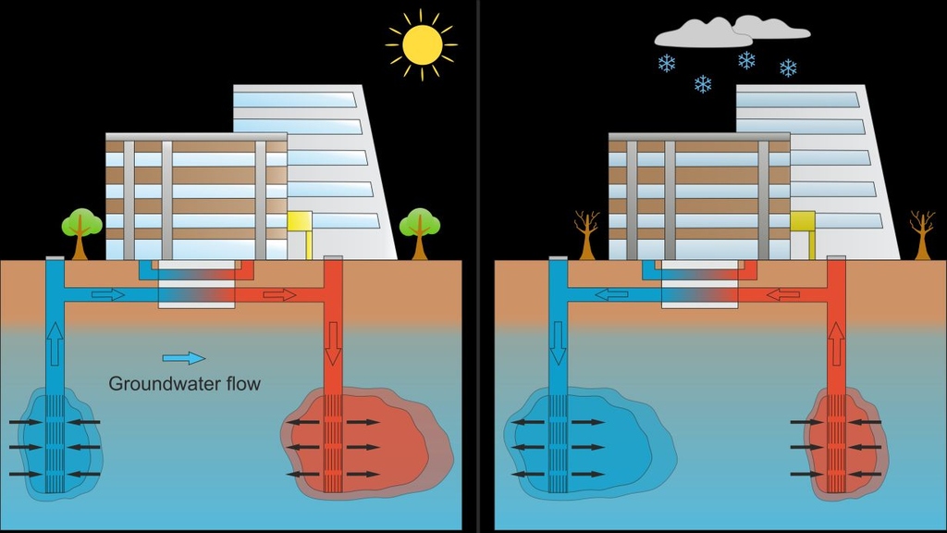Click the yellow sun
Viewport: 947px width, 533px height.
click(x=422, y=44)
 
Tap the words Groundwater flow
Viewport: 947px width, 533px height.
click(x=185, y=383)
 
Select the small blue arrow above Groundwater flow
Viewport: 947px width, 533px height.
click(x=183, y=358)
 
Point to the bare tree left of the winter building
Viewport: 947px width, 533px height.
click(x=586, y=232)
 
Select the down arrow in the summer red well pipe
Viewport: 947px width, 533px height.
click(x=333, y=344)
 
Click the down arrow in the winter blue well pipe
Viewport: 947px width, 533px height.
click(x=557, y=343)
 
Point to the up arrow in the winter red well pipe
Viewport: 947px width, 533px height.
click(x=836, y=343)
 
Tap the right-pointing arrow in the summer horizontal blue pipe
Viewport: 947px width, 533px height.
click(x=107, y=294)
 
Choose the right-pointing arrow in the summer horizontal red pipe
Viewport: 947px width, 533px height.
click(x=279, y=294)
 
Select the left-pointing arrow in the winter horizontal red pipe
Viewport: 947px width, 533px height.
click(x=782, y=294)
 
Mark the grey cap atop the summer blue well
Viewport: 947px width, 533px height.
click(x=54, y=257)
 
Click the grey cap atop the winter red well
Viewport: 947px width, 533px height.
click(x=836, y=257)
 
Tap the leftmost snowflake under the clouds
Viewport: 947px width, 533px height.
click(x=666, y=63)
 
